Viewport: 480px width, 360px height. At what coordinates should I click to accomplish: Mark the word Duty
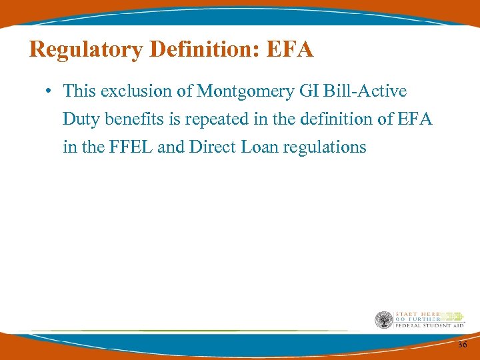[x=79, y=119]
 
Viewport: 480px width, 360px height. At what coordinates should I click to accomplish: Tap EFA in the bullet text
[x=415, y=119]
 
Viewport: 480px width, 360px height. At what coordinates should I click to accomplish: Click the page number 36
[x=463, y=344]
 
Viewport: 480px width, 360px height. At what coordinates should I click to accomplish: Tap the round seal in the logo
[x=383, y=320]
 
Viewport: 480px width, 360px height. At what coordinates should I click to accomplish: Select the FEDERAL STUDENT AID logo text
[x=429, y=325]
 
